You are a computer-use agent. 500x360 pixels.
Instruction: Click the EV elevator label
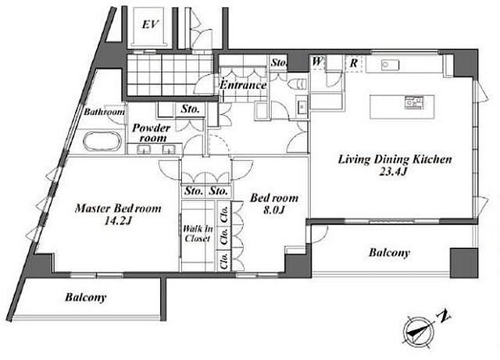(x=150, y=24)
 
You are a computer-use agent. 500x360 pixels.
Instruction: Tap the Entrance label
(x=243, y=85)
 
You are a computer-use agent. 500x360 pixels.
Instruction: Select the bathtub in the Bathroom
(x=102, y=141)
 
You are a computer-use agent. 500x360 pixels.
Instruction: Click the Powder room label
(x=151, y=133)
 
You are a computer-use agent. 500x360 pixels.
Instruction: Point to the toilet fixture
(x=297, y=84)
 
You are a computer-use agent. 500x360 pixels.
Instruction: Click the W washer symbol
(x=317, y=61)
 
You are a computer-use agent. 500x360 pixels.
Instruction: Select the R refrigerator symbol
(x=354, y=62)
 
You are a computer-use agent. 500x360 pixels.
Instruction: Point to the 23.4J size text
(x=393, y=172)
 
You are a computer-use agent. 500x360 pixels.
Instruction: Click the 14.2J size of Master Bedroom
(x=118, y=221)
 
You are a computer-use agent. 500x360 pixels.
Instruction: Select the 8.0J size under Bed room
(x=274, y=210)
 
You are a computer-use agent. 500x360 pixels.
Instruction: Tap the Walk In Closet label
(x=198, y=233)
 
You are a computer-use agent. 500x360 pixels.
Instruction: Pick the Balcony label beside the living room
(x=389, y=253)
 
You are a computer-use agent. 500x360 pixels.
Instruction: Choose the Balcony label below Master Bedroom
(x=85, y=298)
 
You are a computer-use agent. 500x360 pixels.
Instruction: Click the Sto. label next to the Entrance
(x=279, y=62)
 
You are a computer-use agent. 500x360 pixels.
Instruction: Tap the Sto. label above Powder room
(x=191, y=109)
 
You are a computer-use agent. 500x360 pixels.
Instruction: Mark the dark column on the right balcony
(x=464, y=263)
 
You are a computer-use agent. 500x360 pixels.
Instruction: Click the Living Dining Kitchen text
(x=395, y=159)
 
